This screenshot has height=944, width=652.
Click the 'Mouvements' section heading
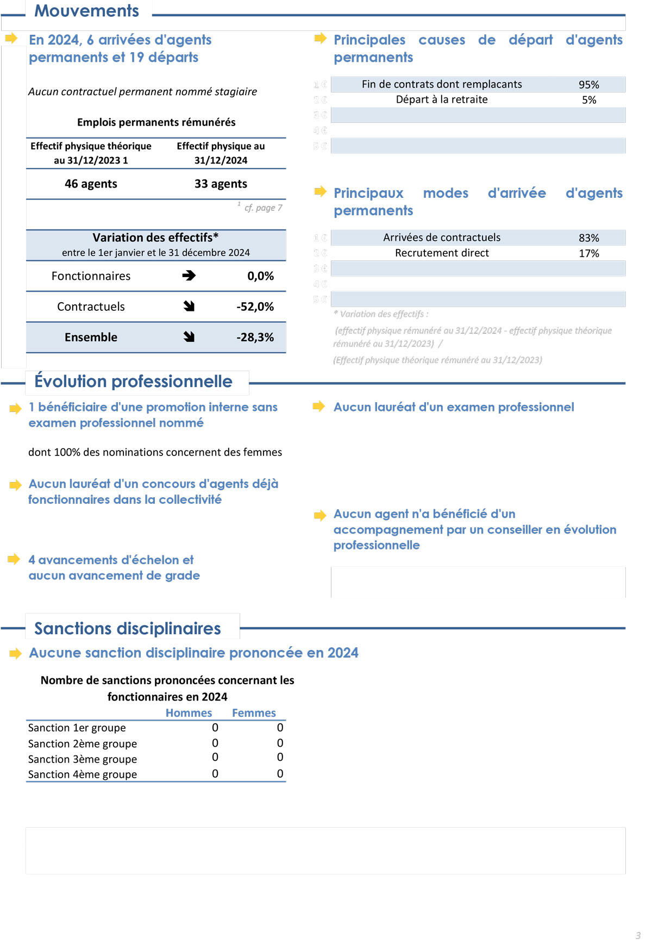click(86, 11)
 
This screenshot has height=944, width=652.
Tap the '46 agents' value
click(91, 184)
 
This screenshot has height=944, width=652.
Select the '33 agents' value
click(221, 184)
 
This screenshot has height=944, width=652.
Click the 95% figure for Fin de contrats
click(588, 84)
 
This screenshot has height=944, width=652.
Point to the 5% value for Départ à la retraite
click(589, 100)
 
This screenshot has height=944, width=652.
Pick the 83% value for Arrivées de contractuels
click(588, 238)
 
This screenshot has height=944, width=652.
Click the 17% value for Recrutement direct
click(588, 253)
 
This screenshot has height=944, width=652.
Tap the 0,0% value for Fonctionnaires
click(260, 276)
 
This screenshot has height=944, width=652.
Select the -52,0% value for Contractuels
click(255, 307)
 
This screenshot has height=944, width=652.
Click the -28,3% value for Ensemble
click(255, 337)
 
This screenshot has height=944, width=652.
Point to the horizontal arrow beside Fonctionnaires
click(189, 276)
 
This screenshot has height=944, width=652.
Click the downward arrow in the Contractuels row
click(189, 307)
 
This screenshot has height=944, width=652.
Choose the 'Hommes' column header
click(189, 713)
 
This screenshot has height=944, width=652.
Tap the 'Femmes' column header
click(254, 713)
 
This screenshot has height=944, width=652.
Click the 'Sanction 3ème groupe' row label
click(83, 759)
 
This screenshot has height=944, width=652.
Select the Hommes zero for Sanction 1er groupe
click(215, 728)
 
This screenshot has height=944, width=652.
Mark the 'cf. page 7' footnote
click(263, 208)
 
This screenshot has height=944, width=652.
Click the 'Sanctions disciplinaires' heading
click(128, 628)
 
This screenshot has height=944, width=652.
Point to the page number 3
click(638, 935)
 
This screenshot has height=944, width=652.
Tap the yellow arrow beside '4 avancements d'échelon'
click(14, 559)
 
